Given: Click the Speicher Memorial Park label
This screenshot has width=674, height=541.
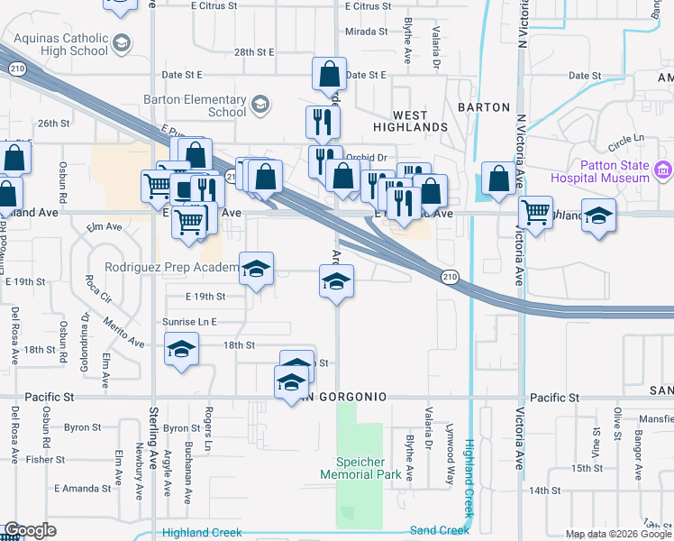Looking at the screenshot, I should point(362,467).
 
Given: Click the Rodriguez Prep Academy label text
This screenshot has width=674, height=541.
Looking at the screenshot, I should point(169,267).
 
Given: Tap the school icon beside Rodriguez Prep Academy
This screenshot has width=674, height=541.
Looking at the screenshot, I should point(256,268).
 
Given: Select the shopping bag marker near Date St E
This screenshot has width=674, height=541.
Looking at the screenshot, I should point(330,74).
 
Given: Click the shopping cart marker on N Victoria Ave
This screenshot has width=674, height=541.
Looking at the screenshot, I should point(536,213).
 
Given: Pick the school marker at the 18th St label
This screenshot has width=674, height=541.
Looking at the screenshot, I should point(182,348).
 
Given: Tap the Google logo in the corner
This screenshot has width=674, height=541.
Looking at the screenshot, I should point(30,530).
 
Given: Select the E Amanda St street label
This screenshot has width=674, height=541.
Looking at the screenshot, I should point(83,488).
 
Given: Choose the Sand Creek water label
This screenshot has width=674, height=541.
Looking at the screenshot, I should point(439,530).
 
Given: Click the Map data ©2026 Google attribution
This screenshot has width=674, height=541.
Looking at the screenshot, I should point(618,534).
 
